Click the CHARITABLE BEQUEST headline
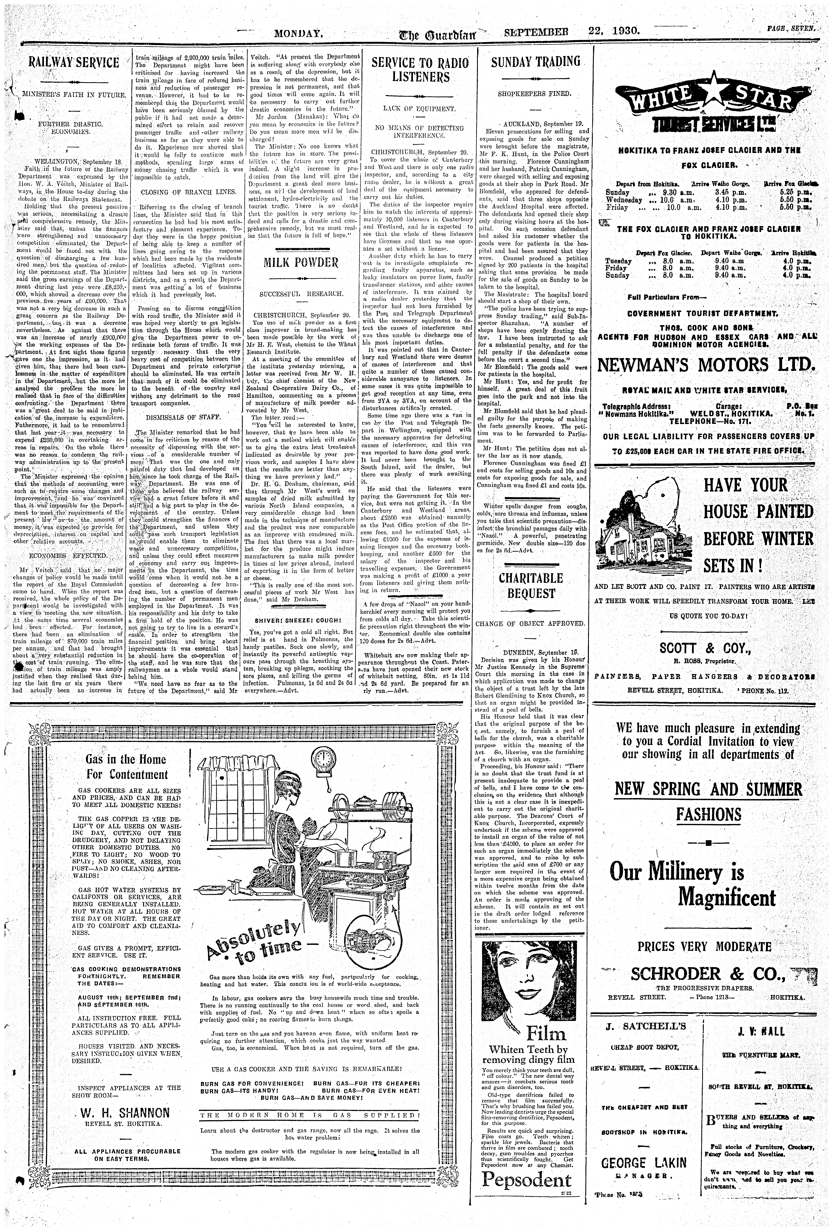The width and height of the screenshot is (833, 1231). pos(530,585)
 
